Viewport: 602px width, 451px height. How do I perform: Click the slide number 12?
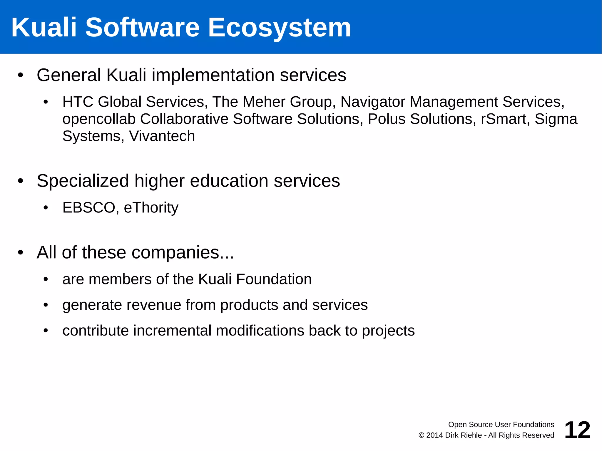coord(577,430)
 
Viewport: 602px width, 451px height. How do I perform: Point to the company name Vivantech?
coord(162,136)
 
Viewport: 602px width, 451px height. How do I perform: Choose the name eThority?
coord(151,208)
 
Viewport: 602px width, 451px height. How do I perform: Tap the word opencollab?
coord(99,119)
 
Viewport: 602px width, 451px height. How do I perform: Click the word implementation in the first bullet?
coord(213,75)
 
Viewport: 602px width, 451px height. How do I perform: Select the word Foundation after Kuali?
coord(274,279)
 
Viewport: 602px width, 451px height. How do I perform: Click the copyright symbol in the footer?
coord(421,435)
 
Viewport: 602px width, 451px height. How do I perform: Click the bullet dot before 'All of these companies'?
coord(20,252)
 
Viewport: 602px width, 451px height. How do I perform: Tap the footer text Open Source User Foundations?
coord(501,425)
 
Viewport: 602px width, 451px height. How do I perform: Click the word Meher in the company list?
coord(264,102)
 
